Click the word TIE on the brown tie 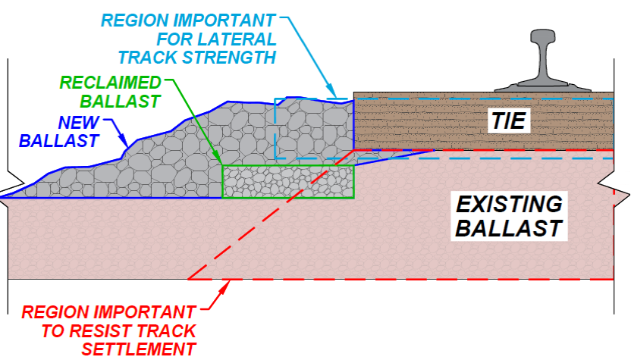pyautogui.click(x=509, y=121)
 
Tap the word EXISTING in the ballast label pyautogui.click(x=510, y=205)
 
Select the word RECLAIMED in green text pyautogui.click(x=110, y=83)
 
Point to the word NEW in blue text pyautogui.click(x=78, y=122)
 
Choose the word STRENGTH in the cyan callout pyautogui.click(x=229, y=58)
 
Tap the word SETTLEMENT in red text pyautogui.click(x=139, y=349)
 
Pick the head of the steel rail pyautogui.click(x=544, y=36)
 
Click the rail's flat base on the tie pyautogui.click(x=542, y=87)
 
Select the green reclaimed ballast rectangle pyautogui.click(x=288, y=182)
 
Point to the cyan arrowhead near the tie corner pyautogui.click(x=331, y=89)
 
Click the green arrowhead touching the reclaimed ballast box pyautogui.click(x=218, y=158)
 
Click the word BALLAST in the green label pyautogui.click(x=121, y=102)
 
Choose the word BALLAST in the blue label pyautogui.click(x=58, y=141)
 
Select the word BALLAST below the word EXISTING pyautogui.click(x=509, y=228)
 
